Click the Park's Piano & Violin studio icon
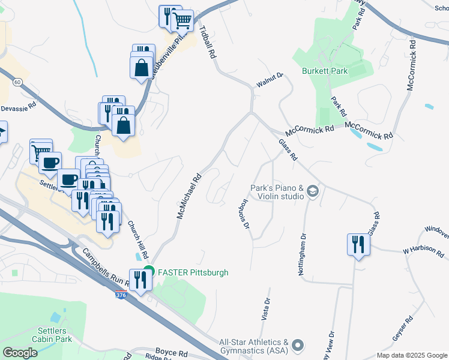pos(312,191)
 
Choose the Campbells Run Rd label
pos(107,272)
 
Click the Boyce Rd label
pos(172,352)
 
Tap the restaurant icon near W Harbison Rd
pos(358,245)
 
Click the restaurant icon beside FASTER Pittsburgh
pos(141,280)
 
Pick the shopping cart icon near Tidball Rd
pos(182,22)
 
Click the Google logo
pos(20,353)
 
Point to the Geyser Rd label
pos(402,329)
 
